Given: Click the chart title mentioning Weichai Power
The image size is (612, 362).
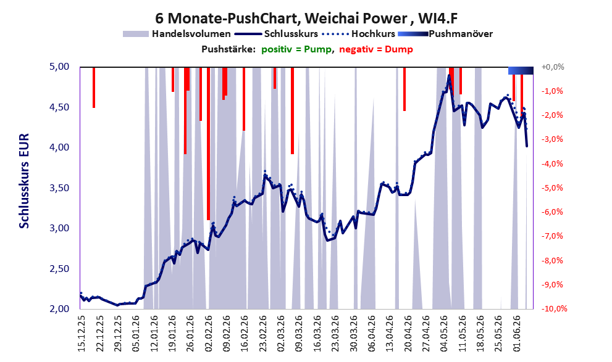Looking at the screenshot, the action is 306,18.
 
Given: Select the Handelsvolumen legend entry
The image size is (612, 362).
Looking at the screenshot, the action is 177,34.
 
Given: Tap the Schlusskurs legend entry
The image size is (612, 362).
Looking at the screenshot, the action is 276,34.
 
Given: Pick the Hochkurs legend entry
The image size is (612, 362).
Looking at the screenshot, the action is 358,34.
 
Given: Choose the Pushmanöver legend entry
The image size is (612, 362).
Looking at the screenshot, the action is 445,34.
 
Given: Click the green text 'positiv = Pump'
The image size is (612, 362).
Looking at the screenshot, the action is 296,49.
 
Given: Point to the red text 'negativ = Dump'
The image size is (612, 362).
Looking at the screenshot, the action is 376,49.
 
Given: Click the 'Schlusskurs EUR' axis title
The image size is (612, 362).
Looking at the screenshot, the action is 24,181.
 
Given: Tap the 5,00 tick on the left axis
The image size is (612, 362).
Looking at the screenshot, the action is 59,67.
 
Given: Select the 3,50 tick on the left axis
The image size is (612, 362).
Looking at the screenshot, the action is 59,188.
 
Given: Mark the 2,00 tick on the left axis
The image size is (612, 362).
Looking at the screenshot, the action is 59,308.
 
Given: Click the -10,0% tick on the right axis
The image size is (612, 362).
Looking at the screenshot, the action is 554,308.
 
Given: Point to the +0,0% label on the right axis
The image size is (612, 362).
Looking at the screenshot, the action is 553,67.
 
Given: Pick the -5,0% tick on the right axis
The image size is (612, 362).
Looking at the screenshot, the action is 552,188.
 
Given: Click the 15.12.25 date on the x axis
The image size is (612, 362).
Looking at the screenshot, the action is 81,334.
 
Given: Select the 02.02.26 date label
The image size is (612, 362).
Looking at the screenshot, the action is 208,334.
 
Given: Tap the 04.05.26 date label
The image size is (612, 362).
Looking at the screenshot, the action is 445,334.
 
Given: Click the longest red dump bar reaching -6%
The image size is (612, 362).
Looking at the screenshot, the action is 208,144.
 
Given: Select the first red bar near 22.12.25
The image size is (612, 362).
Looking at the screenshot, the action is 94,88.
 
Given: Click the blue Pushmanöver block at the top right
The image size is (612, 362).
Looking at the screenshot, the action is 521,70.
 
